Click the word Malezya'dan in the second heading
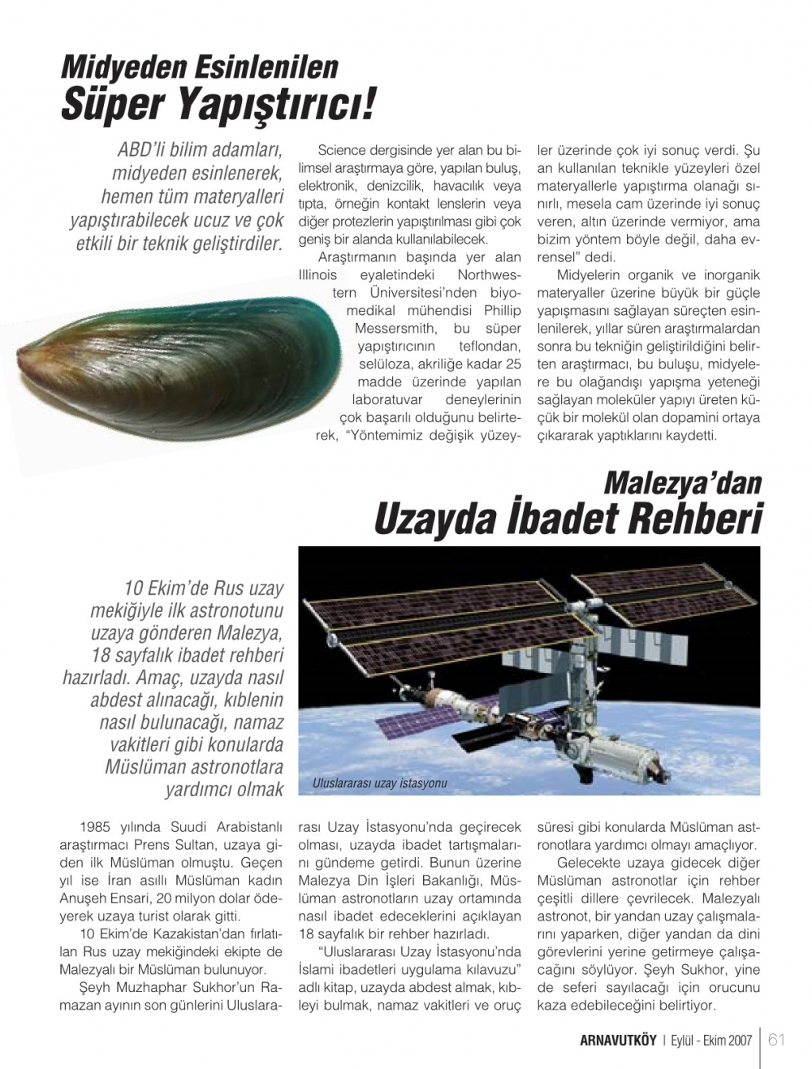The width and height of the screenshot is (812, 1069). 682,483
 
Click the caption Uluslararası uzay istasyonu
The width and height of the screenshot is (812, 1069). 379,783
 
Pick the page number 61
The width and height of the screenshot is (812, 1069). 776,1040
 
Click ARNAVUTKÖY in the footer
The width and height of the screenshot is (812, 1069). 618,1041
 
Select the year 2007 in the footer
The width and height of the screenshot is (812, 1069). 740,1041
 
